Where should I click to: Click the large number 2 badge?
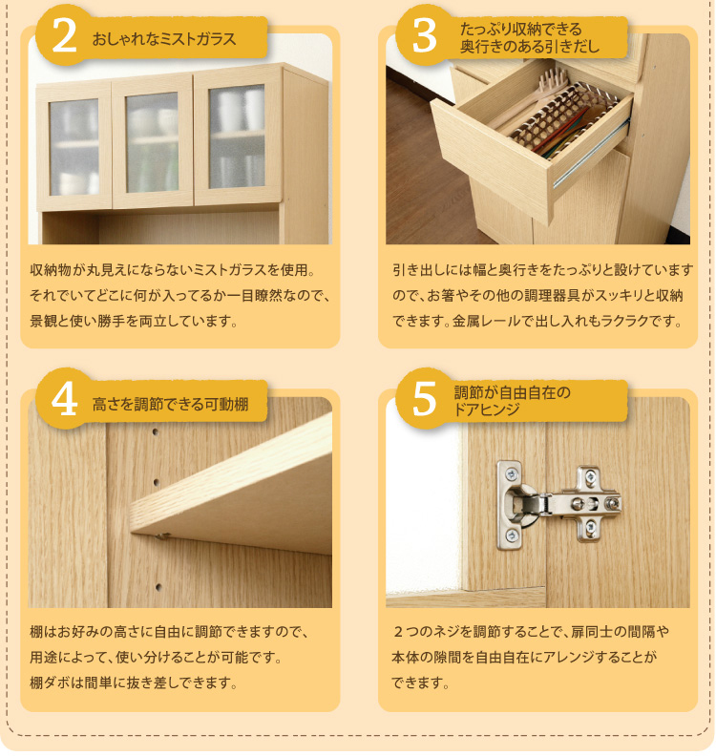pyautogui.click(x=64, y=37)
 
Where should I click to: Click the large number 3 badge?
pyautogui.click(x=424, y=37)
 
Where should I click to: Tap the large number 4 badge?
pyautogui.click(x=64, y=400)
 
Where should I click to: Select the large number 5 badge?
pyautogui.click(x=424, y=400)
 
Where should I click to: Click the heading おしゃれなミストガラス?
pyautogui.click(x=164, y=38)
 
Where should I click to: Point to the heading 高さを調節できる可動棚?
pyautogui.click(x=170, y=404)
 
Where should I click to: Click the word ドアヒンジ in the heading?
pyautogui.click(x=487, y=409)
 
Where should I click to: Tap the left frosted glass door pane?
pyautogui.click(x=74, y=147)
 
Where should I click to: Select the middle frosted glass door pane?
pyautogui.click(x=152, y=143)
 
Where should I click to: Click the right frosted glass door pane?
pyautogui.click(x=237, y=136)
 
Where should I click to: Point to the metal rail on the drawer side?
pyautogui.click(x=591, y=151)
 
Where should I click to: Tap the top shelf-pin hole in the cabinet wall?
pyautogui.click(x=156, y=432)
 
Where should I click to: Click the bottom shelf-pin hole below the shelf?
pyautogui.click(x=158, y=587)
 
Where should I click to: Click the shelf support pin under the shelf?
pyautogui.click(x=164, y=535)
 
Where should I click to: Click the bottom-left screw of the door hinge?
pyautogui.click(x=511, y=535)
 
